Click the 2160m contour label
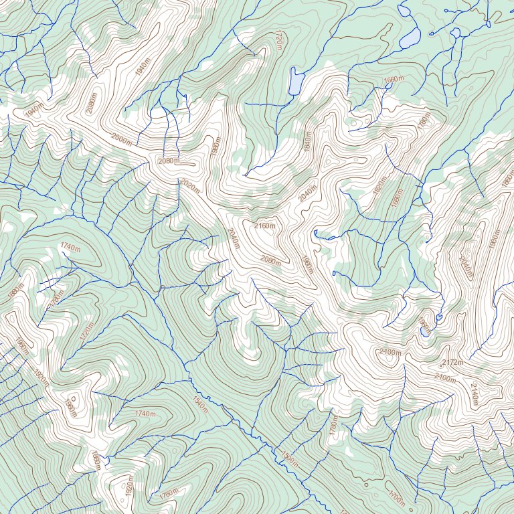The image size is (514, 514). (265, 226)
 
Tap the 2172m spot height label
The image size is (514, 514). (452, 362)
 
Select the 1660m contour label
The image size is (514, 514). (394, 80)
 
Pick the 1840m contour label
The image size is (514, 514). (307, 141)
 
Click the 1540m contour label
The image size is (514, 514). (199, 404)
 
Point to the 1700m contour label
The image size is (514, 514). (396, 498)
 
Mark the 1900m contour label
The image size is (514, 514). (495, 239)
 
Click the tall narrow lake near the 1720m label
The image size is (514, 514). (295, 81)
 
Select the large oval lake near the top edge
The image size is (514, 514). (410, 37)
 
